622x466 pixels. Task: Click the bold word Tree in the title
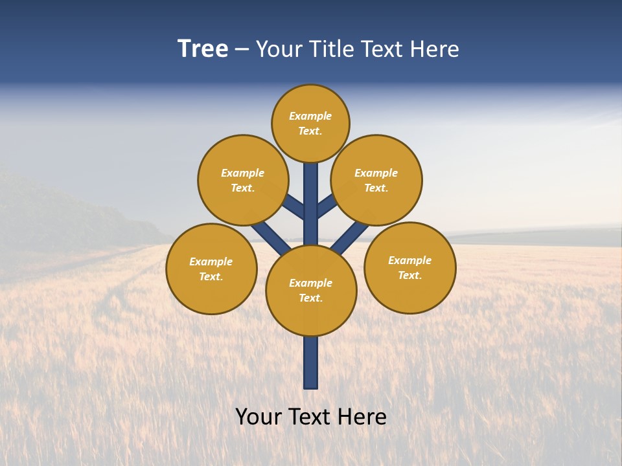tap(203, 49)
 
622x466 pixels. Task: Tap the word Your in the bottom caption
tap(259, 417)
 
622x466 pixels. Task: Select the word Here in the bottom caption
tap(363, 417)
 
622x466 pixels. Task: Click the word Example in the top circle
tap(310, 116)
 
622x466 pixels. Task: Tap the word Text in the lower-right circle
tap(409, 276)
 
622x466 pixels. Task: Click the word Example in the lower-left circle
tap(211, 262)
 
